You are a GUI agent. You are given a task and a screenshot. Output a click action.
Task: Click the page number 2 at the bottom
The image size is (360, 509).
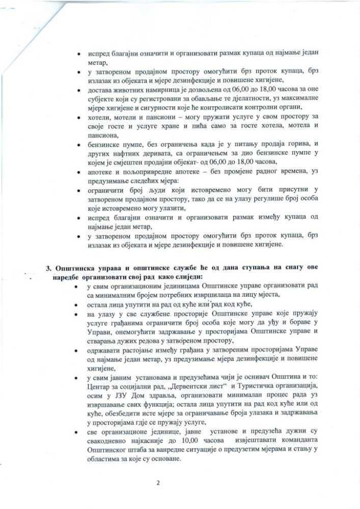tap(158, 483)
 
